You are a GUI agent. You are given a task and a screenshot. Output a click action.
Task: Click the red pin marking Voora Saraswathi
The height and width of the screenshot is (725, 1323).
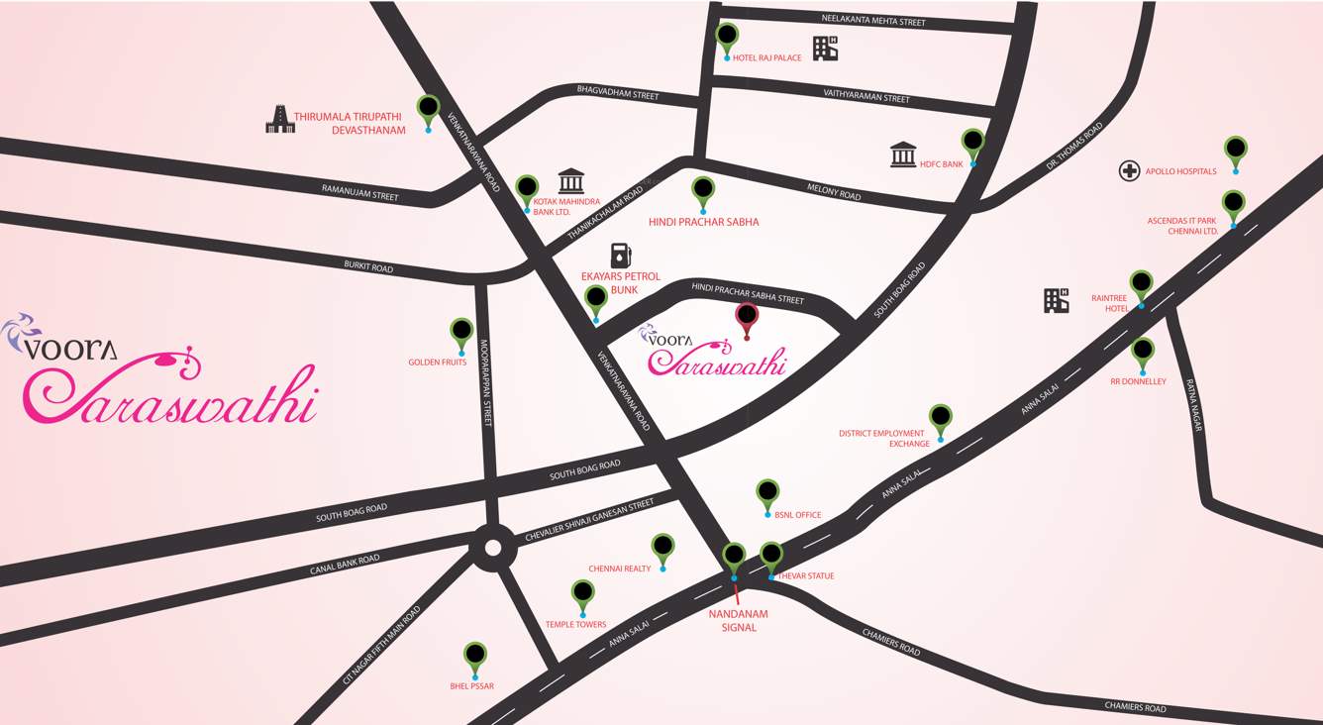tap(747, 318)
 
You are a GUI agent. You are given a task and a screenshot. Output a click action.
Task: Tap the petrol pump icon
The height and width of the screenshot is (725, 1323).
tap(621, 255)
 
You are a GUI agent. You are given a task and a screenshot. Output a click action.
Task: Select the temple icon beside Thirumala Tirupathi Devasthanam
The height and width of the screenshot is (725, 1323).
tap(281, 119)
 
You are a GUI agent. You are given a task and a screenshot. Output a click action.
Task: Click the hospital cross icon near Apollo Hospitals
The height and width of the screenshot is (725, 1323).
tap(1129, 171)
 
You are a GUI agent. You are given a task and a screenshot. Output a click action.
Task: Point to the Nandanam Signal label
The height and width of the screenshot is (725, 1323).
tap(739, 620)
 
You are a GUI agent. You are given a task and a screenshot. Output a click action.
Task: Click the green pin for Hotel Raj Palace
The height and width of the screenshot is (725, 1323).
tap(727, 37)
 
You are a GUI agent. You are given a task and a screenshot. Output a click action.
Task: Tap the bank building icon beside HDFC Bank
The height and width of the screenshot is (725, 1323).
tap(903, 155)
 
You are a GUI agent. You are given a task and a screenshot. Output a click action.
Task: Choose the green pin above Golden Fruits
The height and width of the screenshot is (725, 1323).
tap(461, 331)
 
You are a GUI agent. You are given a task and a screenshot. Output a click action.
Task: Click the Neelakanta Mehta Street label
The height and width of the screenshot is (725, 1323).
tap(873, 21)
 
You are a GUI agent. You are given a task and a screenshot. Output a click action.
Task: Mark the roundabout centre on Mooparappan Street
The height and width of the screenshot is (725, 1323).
tap(492, 548)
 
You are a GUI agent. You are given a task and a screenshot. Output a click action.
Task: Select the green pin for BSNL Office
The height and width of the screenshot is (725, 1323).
tap(767, 492)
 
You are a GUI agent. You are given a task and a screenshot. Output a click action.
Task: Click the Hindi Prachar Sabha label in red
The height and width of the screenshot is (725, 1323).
tap(703, 222)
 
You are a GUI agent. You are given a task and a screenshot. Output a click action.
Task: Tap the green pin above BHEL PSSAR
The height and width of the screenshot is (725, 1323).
tap(475, 656)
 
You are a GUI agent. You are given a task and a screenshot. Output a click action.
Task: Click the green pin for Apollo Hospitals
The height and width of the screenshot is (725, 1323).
tap(1235, 150)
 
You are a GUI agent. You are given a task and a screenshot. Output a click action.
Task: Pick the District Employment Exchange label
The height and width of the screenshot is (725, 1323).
tap(882, 438)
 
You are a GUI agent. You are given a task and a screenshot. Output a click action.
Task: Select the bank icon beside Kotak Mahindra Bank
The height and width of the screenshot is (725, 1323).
tap(570, 180)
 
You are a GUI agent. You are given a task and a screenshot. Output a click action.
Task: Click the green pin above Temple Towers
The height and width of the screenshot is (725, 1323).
tap(583, 594)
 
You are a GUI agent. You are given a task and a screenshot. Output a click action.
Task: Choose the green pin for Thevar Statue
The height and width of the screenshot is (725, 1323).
tap(771, 556)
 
